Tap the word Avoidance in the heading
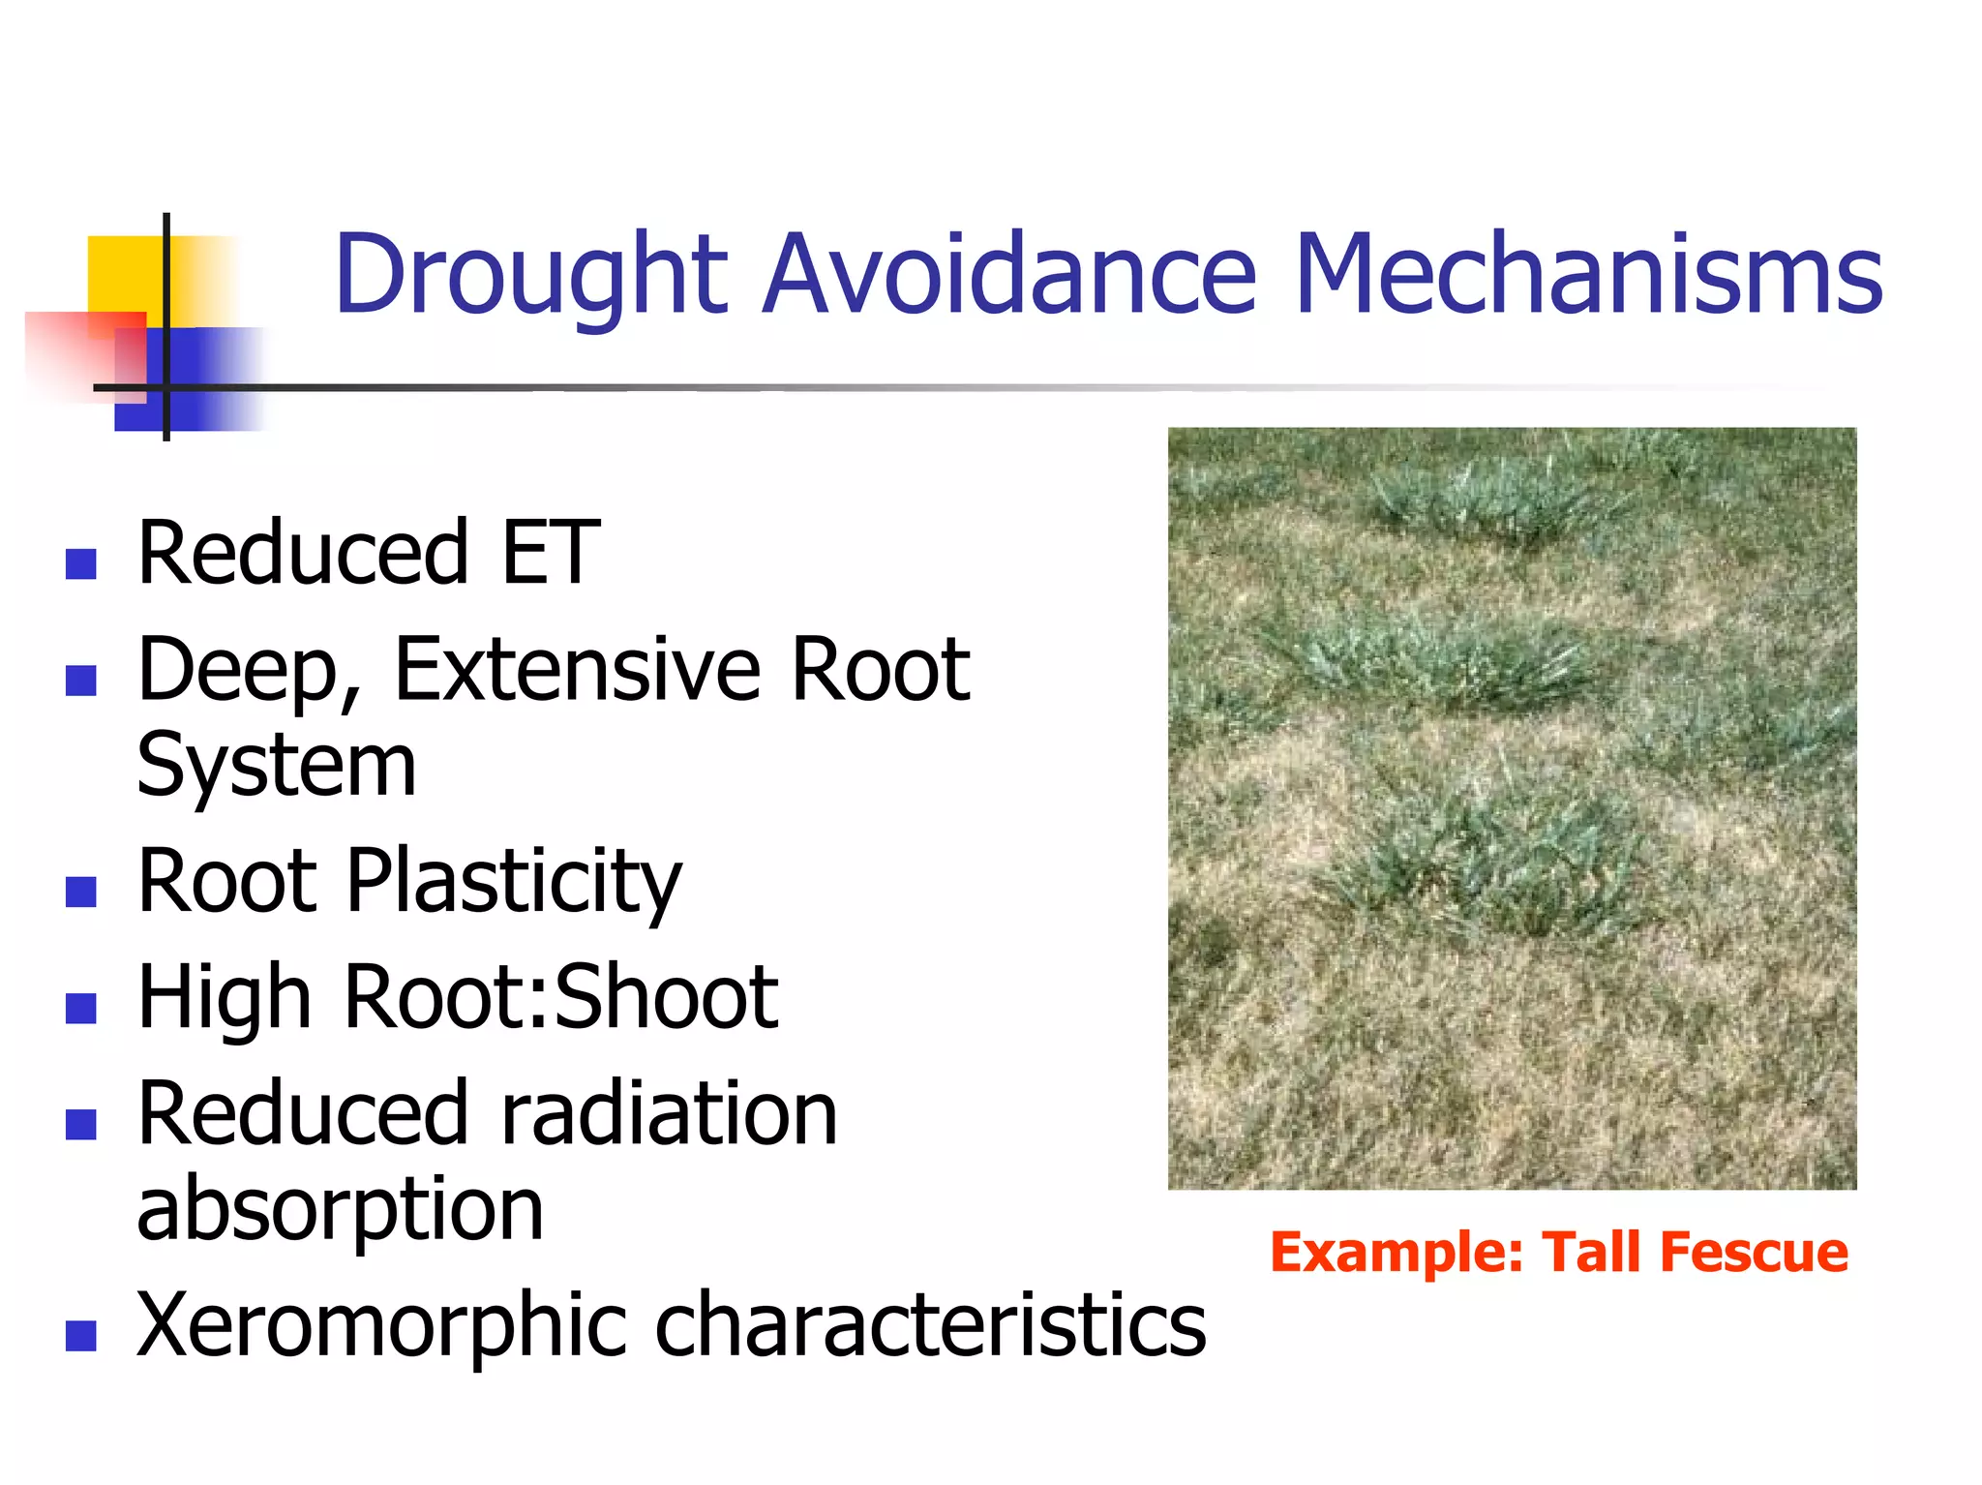point(1008,276)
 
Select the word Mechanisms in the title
point(1587,276)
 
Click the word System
point(276,765)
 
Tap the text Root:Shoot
point(560,997)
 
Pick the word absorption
point(340,1210)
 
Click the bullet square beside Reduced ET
point(81,563)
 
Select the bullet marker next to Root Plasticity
point(81,892)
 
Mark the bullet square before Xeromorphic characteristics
point(81,1336)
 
